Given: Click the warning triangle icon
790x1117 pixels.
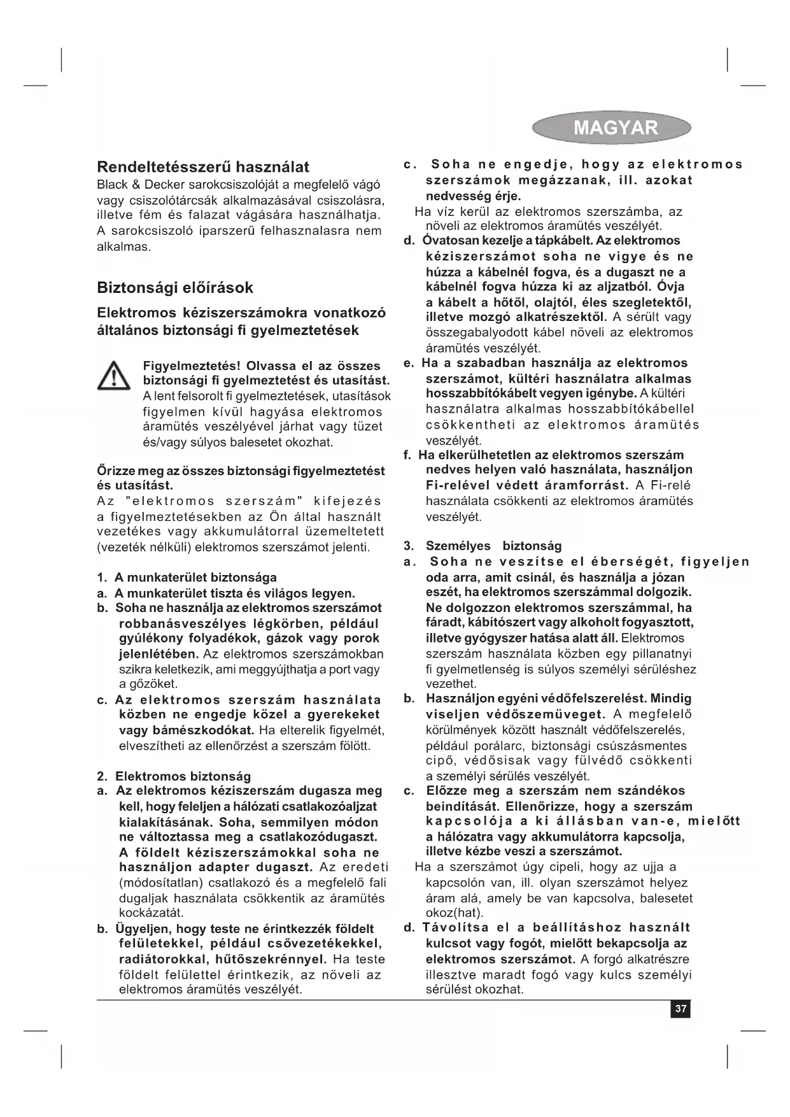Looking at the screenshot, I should pos(114,375).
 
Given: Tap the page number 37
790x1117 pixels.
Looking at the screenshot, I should pos(681,1009).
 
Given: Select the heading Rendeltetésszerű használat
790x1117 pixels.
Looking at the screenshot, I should pos(202,167).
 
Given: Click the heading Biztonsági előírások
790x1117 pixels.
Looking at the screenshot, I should pos(175,288).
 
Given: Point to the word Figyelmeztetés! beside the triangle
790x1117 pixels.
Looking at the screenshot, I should pos(191,366).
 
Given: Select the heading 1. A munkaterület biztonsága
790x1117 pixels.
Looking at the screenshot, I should pos(187,578).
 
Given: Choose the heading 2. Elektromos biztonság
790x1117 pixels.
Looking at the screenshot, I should pos(174,776).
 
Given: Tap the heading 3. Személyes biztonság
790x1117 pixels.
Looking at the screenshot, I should pos(484,546).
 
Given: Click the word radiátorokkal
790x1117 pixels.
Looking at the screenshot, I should pos(160,959).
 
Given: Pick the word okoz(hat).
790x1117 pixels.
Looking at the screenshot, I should pos(455,913).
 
